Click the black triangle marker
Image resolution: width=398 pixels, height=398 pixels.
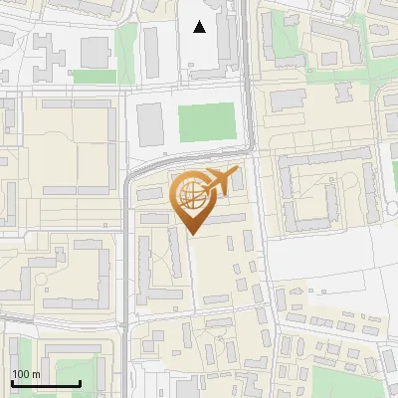point(200,27)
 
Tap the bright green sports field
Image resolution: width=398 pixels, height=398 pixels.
point(207,122)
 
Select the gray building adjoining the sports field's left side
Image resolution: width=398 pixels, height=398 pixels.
point(149,122)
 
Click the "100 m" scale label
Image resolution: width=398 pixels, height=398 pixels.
point(26,374)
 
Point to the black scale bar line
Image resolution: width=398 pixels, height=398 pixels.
point(46,383)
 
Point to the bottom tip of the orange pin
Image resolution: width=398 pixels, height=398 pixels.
point(192,234)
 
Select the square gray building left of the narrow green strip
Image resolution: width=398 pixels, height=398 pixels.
point(96,51)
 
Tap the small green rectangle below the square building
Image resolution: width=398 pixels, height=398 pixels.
point(94,76)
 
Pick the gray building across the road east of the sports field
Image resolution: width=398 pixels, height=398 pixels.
point(288,99)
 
